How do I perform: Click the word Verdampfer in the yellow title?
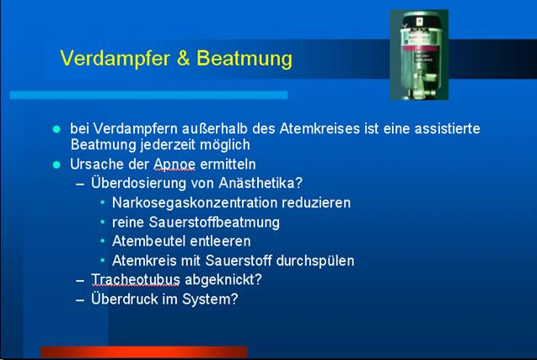pos(115,58)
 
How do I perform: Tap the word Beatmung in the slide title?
pos(244,58)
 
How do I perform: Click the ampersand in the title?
pos(183,57)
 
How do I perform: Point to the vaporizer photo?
pos(419,55)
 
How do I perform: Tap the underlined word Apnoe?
pos(175,164)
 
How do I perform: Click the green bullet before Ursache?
pos(56,164)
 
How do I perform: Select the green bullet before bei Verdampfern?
pos(56,129)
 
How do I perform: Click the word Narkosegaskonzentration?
pos(195,203)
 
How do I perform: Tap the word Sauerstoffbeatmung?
pos(214,223)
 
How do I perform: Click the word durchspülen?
pos(315,261)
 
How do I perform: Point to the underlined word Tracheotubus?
pos(136,280)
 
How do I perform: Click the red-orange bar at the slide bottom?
pos(144,352)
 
